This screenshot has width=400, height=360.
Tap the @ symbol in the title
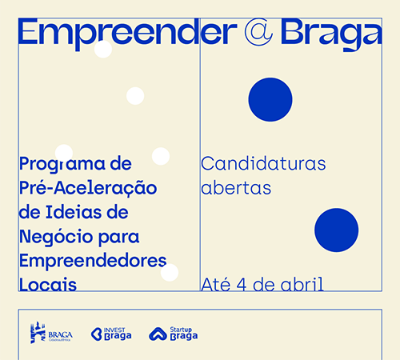[x=258, y=32]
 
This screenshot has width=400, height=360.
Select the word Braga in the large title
[x=331, y=34]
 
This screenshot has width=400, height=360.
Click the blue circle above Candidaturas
[x=270, y=99]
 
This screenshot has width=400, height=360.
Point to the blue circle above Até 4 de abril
[x=336, y=230]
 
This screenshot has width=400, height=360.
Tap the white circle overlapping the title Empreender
[x=103, y=49]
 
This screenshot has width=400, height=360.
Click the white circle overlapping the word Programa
[x=64, y=153]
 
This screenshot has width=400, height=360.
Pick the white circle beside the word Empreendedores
[x=170, y=273]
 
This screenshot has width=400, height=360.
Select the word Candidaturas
[x=263, y=163]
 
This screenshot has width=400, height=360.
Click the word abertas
[x=236, y=187]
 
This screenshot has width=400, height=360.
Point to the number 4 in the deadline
[x=242, y=285]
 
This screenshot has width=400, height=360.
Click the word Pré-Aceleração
[x=88, y=187]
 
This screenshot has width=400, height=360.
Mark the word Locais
[x=48, y=284]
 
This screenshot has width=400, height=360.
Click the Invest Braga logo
[x=111, y=334]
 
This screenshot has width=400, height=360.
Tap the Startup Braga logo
[x=174, y=334]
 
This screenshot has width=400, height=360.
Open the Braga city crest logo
[x=51, y=332]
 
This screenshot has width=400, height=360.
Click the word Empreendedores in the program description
[x=93, y=260]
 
